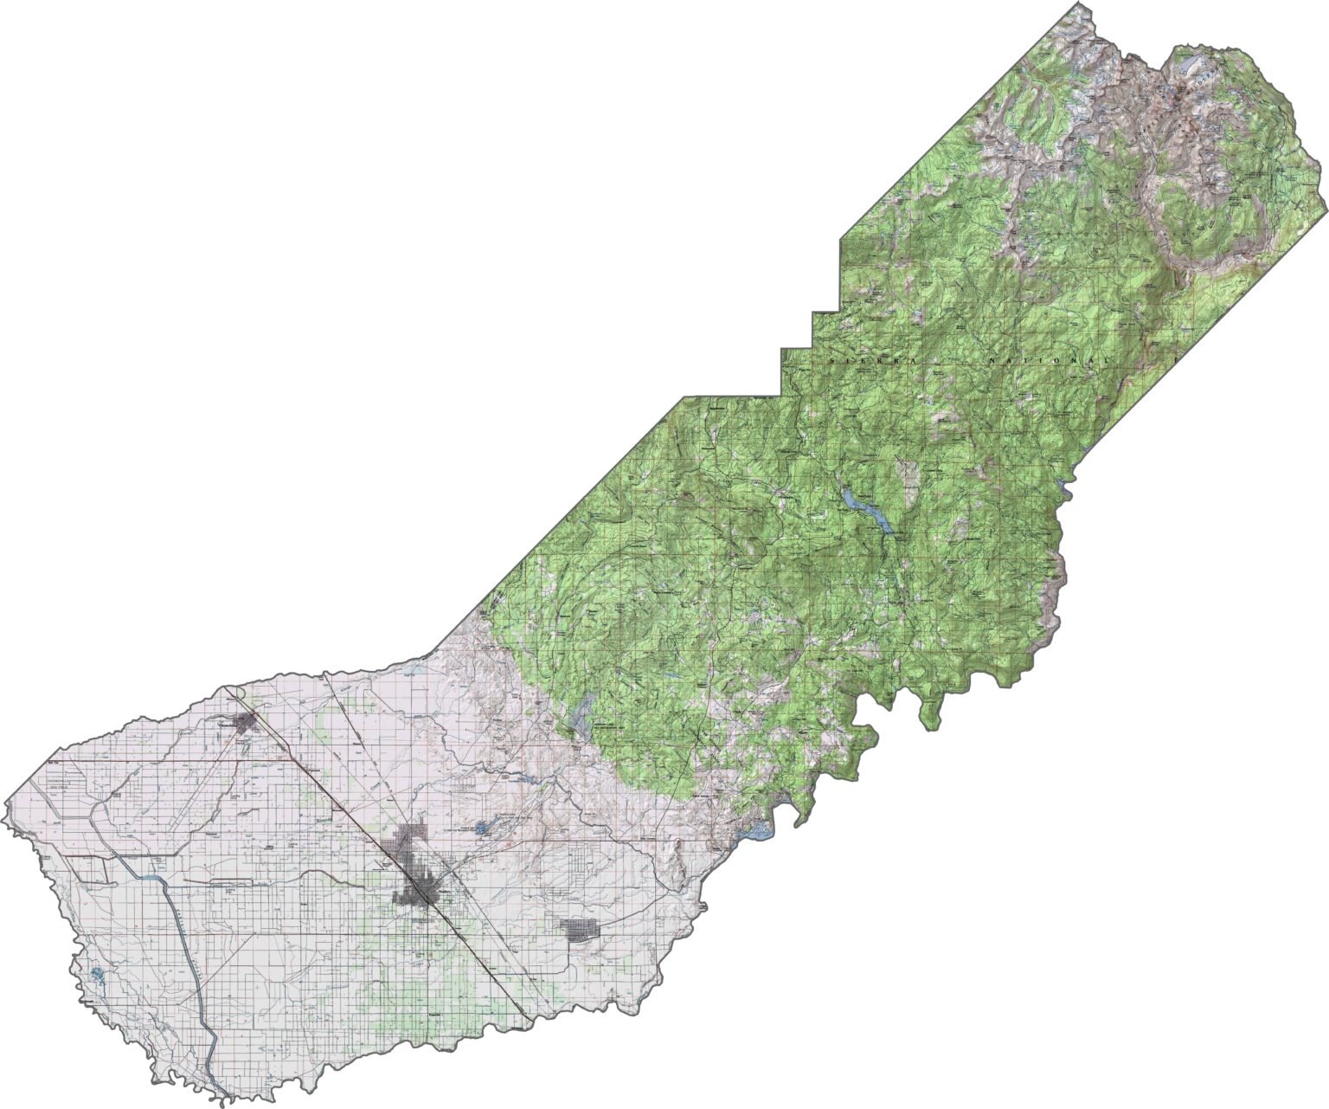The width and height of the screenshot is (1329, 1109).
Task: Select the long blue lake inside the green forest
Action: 865,509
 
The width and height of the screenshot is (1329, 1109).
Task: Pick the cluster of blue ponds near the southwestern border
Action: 95,976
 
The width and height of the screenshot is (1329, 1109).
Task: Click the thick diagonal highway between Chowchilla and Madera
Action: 337,788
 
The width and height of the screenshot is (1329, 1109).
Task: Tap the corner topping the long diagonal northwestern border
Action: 685,397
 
